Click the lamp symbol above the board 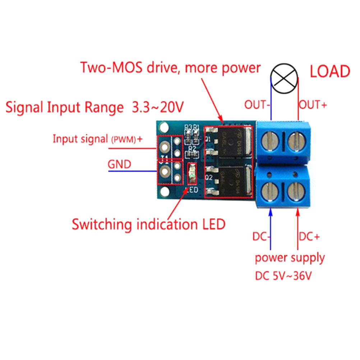(x=285, y=78)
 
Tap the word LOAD (x=329, y=71)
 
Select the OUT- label (x=258, y=105)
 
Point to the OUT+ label (x=313, y=105)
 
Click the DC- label (x=261, y=237)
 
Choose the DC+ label (x=309, y=237)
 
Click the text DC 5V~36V (x=283, y=276)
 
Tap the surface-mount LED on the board (x=192, y=174)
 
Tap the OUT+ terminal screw (x=297, y=142)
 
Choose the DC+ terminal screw (x=297, y=192)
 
